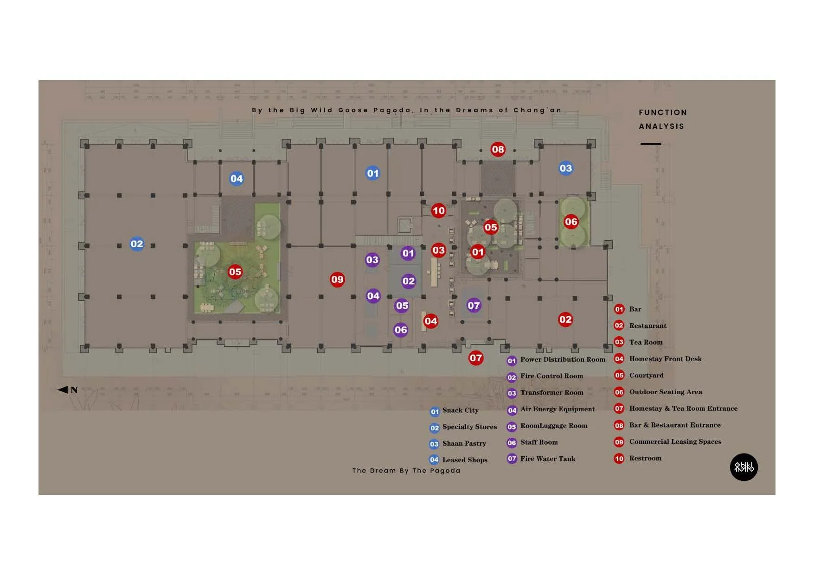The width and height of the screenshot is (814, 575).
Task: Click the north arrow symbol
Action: [63, 390]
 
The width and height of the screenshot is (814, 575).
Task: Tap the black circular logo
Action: [743, 467]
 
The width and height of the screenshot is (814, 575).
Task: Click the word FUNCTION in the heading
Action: [662, 113]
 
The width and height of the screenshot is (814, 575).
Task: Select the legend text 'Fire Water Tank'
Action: [547, 459]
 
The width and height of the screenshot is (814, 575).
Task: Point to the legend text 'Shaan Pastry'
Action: [464, 443]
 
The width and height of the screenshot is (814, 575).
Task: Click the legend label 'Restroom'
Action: [645, 458]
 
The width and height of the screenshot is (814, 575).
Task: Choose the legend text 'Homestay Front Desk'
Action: [665, 359]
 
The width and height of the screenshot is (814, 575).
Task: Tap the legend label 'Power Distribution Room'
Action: [563, 359]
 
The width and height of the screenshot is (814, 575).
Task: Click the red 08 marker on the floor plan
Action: [498, 149]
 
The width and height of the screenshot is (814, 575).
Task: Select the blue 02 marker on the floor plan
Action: [137, 244]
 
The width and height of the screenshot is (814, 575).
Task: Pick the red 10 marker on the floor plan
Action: [438, 211]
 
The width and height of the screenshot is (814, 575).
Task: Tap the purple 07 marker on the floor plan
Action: [474, 305]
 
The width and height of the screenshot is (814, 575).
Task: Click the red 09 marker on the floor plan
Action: [337, 280]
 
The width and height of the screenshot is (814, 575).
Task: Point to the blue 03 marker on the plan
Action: [565, 168]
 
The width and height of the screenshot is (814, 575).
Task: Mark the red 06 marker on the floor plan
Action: [571, 222]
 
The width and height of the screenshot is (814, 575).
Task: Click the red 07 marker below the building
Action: [476, 358]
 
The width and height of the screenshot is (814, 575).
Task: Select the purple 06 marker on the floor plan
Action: [401, 330]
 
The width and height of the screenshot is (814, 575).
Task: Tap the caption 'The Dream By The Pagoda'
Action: [406, 471]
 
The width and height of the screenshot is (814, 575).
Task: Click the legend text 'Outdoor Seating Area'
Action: [666, 392]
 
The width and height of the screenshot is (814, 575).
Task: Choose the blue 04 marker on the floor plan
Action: [237, 179]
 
